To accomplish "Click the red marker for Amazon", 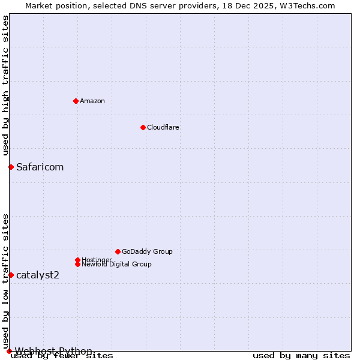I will click(x=76, y=101).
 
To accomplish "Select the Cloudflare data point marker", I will click(x=143, y=127).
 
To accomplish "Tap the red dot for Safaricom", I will click(x=11, y=167).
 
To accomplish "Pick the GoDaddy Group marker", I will click(x=118, y=251).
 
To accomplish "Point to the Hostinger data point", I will click(x=77, y=260).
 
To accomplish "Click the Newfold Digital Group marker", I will click(x=77, y=264).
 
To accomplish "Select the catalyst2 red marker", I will click(x=11, y=275).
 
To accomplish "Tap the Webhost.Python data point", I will click(x=9, y=351).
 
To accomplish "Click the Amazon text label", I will click(x=92, y=101).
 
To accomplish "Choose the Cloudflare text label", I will click(x=163, y=127).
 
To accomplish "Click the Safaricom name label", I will click(x=40, y=167).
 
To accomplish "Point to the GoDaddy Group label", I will click(x=147, y=251).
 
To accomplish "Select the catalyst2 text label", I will click(x=38, y=275).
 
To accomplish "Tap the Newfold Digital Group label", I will click(x=116, y=264).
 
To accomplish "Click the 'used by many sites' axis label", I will click(x=301, y=355).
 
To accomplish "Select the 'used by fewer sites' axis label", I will click(x=62, y=355).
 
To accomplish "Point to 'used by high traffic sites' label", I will click(x=6, y=86).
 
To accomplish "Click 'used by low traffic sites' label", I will click(x=6, y=281).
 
